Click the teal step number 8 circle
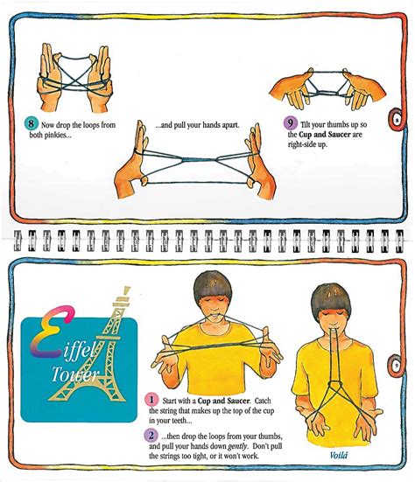(31, 123)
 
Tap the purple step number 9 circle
(290, 123)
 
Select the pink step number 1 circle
(151, 400)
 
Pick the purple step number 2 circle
(151, 436)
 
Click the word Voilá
(339, 455)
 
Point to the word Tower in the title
(74, 374)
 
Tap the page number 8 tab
(397, 119)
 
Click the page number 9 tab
(397, 366)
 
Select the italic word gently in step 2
(237, 446)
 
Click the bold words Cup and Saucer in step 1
(223, 401)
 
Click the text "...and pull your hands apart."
(197, 125)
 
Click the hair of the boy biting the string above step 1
(213, 285)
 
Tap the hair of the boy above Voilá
(331, 298)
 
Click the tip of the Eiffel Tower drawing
(127, 288)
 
